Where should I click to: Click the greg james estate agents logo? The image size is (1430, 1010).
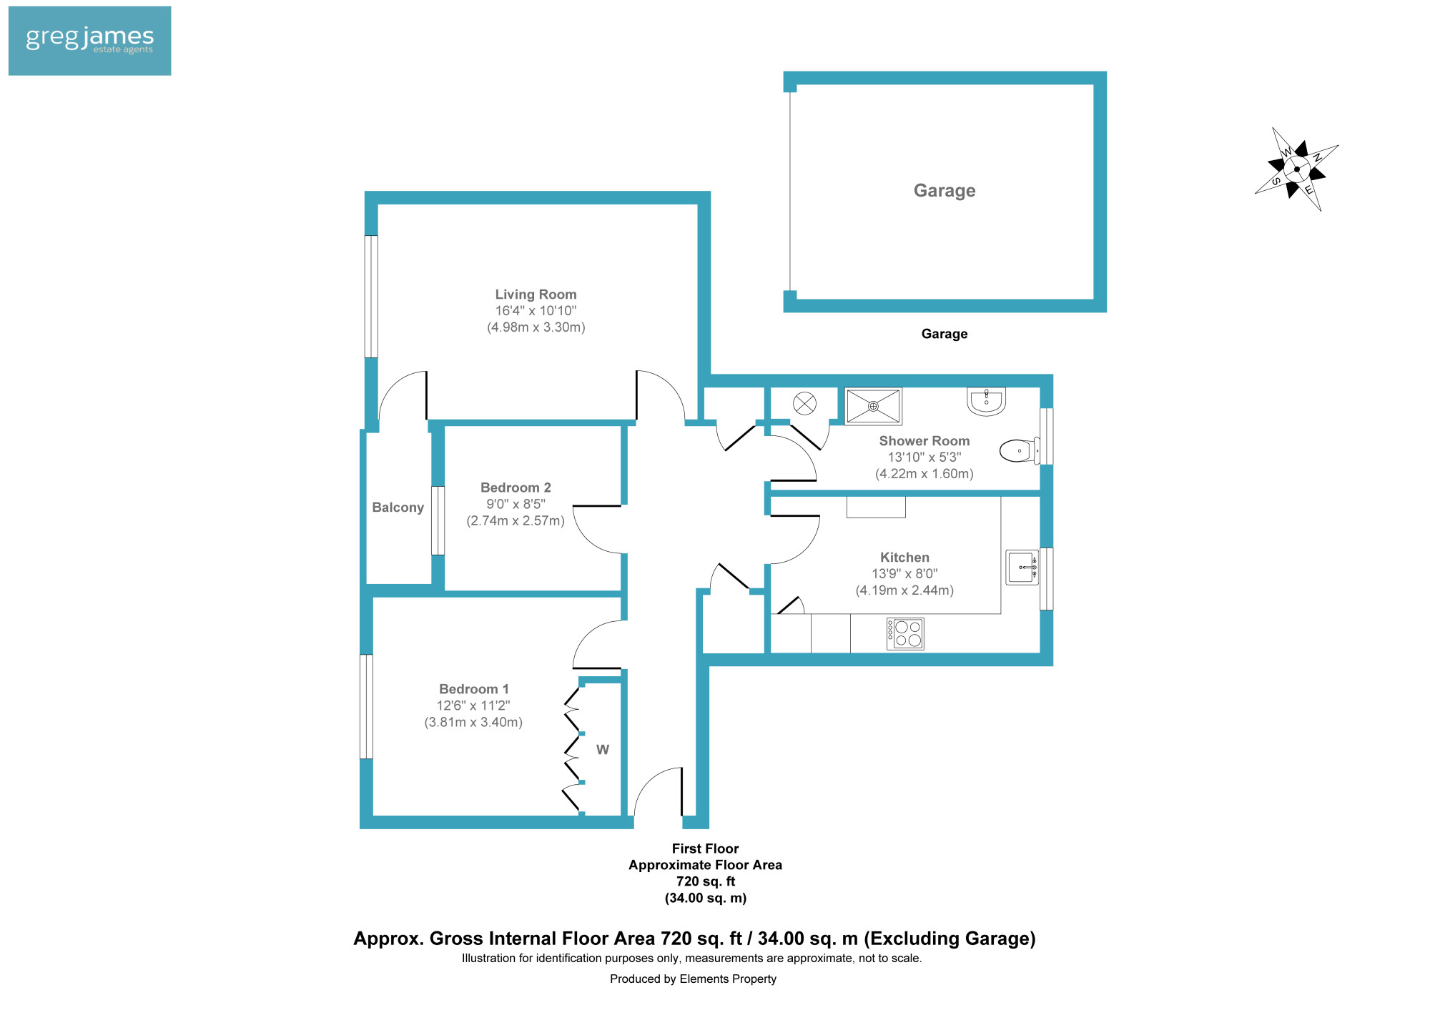tap(89, 41)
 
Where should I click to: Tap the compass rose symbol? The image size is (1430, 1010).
tap(1296, 169)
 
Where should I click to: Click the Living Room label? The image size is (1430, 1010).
tap(536, 294)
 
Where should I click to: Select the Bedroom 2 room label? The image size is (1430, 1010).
tap(516, 487)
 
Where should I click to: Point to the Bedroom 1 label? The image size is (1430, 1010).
tap(474, 689)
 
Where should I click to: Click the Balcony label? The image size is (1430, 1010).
tap(398, 508)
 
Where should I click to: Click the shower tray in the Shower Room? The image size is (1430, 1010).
tap(873, 406)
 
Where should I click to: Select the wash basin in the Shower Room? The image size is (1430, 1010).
tap(987, 400)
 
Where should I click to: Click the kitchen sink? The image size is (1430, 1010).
tap(1022, 568)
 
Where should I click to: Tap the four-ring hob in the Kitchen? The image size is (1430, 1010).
tap(905, 633)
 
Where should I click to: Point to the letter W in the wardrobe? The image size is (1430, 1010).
tap(603, 750)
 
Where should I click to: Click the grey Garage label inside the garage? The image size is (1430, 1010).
tap(945, 191)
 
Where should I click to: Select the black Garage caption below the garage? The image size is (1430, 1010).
tap(945, 334)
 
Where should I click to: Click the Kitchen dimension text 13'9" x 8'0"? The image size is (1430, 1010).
tap(904, 573)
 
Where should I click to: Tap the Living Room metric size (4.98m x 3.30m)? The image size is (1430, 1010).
tap(536, 327)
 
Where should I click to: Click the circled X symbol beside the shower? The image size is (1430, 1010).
tap(805, 404)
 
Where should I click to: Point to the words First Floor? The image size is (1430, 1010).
tap(705, 848)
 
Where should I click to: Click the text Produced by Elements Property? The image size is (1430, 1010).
tap(693, 979)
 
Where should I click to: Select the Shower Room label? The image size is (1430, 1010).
tap(924, 441)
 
